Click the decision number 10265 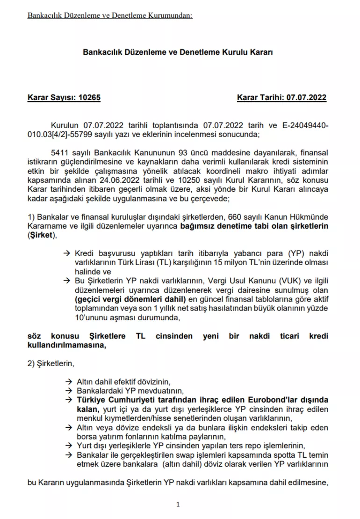pyautogui.click(x=89, y=97)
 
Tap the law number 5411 pyautogui.click(x=58, y=153)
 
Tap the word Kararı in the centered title pyautogui.click(x=261, y=52)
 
